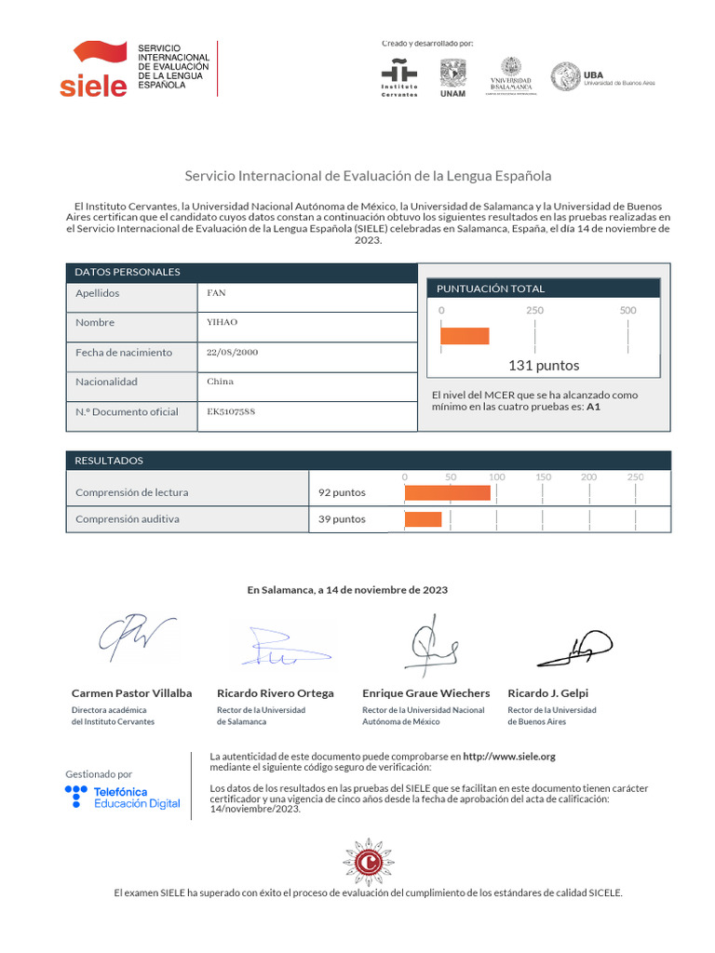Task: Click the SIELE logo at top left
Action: click(93, 69)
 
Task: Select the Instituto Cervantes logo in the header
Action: click(399, 76)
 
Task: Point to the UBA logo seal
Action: click(565, 77)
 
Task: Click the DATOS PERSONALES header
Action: click(128, 272)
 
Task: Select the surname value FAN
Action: click(216, 293)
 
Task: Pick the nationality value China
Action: click(220, 382)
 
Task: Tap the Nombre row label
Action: click(95, 323)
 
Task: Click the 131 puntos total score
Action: click(544, 365)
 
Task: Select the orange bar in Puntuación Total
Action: click(465, 336)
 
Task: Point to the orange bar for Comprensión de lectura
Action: click(447, 492)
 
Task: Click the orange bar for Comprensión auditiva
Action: click(423, 519)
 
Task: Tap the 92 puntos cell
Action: click(342, 492)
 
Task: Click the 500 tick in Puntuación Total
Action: click(627, 310)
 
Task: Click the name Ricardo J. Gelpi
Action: click(547, 693)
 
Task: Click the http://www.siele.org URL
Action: click(508, 757)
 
